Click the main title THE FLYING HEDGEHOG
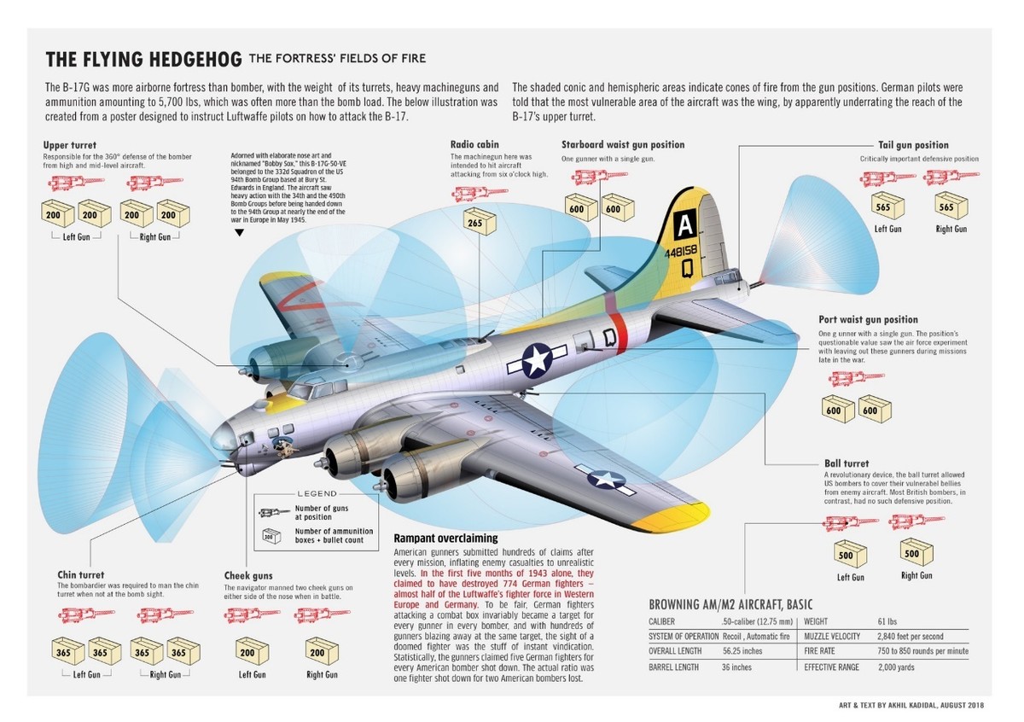tap(143, 60)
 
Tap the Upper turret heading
tap(69, 146)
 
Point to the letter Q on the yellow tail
tap(687, 265)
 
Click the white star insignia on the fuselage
tap(538, 360)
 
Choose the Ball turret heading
tap(847, 463)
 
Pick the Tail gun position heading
tap(913, 145)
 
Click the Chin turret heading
tap(80, 574)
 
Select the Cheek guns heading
tap(248, 576)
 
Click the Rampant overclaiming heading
tap(445, 539)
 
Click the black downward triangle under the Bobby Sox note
tap(239, 231)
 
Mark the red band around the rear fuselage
tap(620, 333)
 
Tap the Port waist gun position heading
tap(868, 320)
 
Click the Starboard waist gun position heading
tap(623, 145)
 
